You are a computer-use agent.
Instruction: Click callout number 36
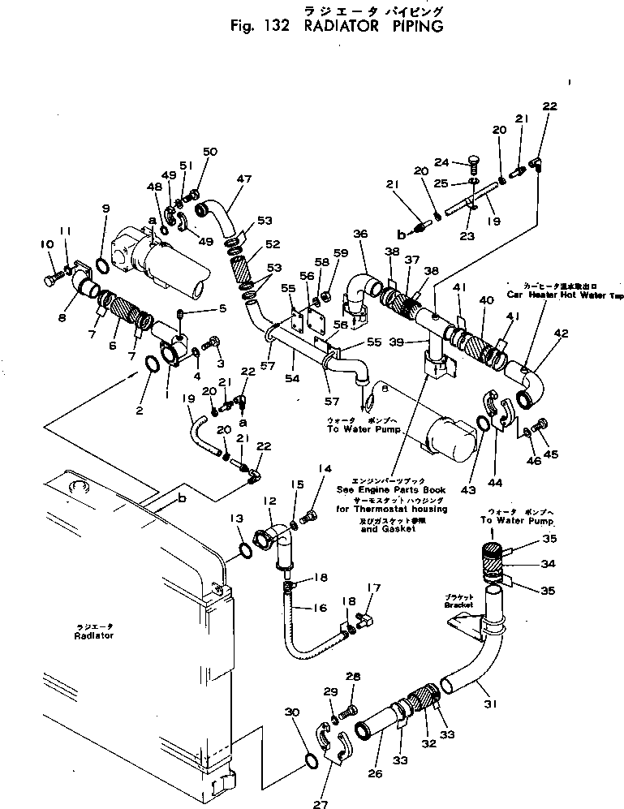pyautogui.click(x=360, y=234)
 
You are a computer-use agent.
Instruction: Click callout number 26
pyautogui.click(x=376, y=773)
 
